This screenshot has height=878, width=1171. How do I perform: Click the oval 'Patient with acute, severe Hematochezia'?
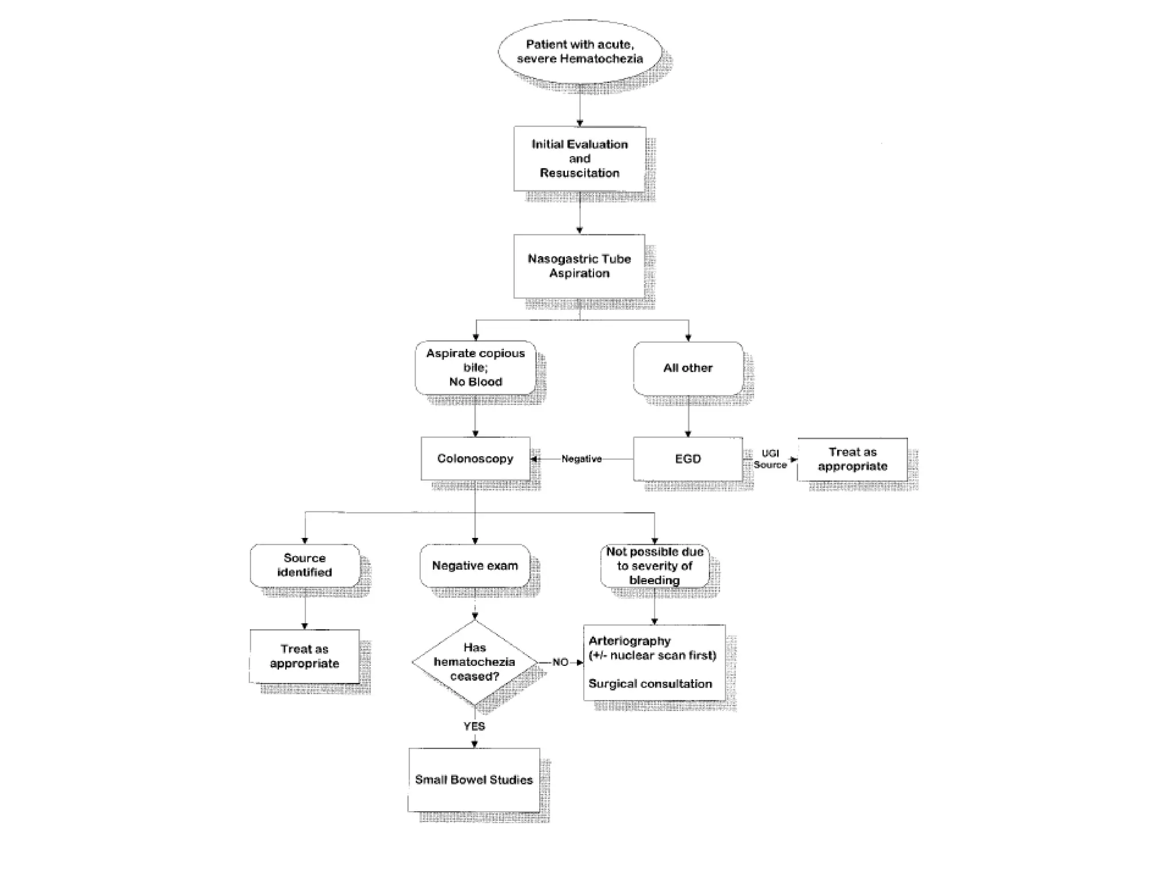(x=579, y=52)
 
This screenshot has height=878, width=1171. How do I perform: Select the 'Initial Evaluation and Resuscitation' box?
(x=579, y=159)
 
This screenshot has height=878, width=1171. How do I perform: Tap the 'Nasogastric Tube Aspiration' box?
(x=579, y=266)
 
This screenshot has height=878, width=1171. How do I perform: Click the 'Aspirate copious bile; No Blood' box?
(x=475, y=368)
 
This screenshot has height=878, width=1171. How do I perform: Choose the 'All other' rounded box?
(x=688, y=368)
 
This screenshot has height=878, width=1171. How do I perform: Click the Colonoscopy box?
(x=475, y=458)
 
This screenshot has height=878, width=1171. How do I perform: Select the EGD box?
(x=688, y=458)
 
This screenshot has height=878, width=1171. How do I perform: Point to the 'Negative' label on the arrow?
(x=581, y=459)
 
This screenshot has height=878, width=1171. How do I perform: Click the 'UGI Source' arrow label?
(x=770, y=459)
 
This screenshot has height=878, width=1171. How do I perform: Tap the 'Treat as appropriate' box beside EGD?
(x=852, y=459)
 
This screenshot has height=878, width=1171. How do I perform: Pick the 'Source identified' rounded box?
(x=305, y=565)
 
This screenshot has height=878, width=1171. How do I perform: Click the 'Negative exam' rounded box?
(x=475, y=565)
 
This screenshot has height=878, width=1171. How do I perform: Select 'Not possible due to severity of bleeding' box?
(x=655, y=566)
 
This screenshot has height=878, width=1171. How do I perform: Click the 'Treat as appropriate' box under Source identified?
(x=305, y=656)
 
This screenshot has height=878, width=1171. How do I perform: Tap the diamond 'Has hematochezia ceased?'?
(x=475, y=662)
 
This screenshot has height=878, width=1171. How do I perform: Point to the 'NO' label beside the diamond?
(x=560, y=662)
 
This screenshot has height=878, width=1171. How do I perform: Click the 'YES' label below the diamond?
(x=475, y=726)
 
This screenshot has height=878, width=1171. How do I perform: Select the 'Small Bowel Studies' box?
(x=474, y=780)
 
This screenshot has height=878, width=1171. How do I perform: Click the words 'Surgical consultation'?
(x=650, y=684)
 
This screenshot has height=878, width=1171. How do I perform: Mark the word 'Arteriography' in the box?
(x=630, y=641)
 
